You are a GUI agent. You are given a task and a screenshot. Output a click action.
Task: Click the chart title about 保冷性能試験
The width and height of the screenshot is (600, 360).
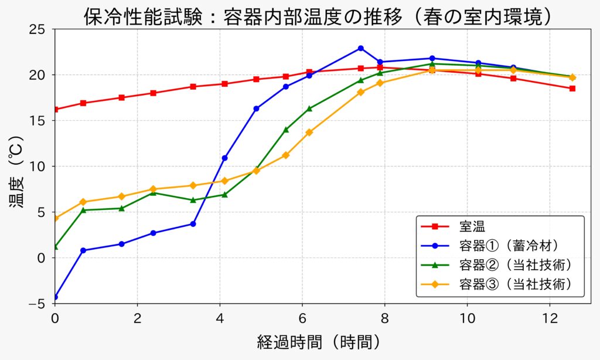click(x=319, y=16)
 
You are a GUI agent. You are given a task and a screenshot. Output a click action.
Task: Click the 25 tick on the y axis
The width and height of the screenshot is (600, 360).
click(x=42, y=29)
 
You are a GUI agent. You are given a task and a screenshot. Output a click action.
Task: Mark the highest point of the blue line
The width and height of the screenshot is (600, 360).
click(x=361, y=48)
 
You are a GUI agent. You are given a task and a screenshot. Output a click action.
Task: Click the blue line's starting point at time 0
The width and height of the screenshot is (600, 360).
click(x=55, y=297)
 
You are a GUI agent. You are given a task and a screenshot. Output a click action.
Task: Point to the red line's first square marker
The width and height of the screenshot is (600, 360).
click(x=55, y=110)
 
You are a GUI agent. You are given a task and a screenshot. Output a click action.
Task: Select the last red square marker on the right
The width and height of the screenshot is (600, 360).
click(x=572, y=89)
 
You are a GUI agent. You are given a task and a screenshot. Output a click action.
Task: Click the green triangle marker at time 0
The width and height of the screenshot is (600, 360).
click(x=55, y=247)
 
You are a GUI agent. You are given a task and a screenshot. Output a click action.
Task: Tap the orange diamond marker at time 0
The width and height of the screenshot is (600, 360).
click(x=55, y=218)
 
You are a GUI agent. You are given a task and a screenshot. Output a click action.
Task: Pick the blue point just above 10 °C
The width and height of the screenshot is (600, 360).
click(x=224, y=158)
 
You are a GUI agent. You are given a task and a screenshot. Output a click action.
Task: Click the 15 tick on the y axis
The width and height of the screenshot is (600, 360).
click(x=42, y=121)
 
